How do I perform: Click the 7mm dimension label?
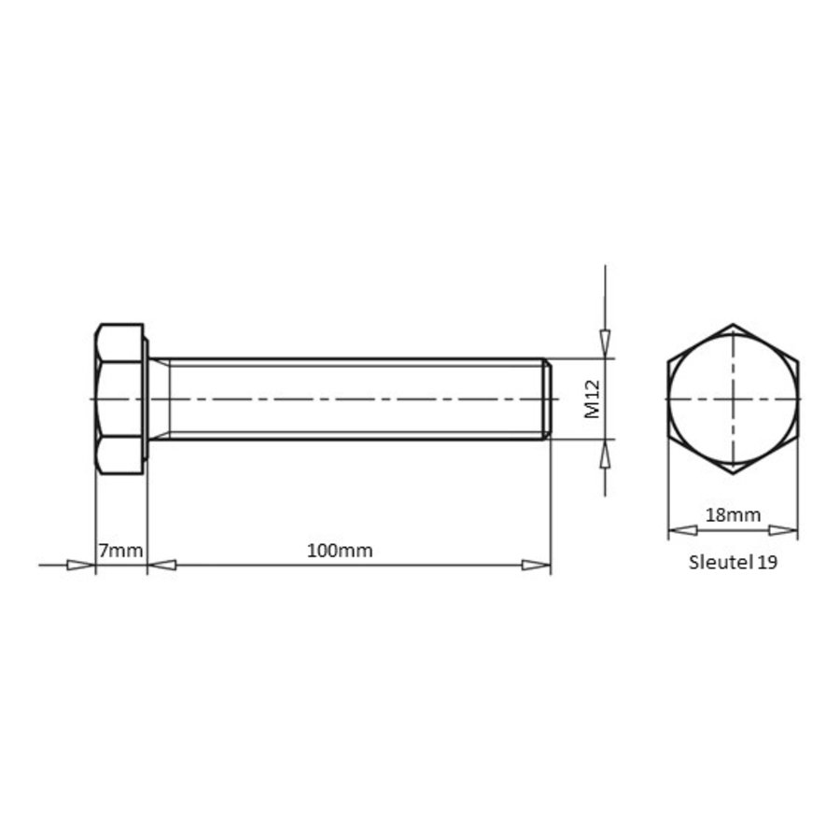point(120,550)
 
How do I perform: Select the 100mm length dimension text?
point(340,550)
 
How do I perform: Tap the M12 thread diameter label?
point(593,399)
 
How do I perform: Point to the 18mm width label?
point(733,515)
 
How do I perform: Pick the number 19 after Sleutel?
point(768,562)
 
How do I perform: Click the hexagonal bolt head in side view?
point(119,399)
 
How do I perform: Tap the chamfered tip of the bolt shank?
point(548,399)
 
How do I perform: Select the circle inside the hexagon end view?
point(733,335)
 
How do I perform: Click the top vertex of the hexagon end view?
point(733,324)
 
